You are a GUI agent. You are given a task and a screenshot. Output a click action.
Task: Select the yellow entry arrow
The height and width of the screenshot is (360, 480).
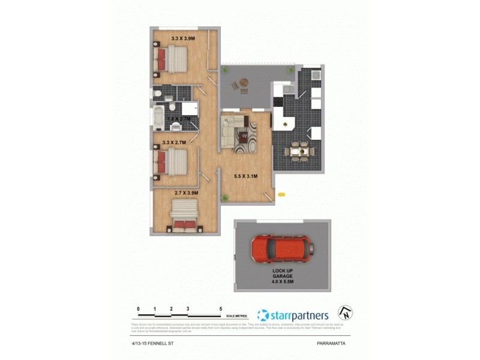tap(281, 194)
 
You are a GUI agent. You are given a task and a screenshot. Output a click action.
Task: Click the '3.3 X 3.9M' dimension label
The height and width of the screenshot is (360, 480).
tap(182, 38)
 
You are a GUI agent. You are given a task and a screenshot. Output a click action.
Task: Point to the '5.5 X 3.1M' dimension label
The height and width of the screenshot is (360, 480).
tap(246, 176)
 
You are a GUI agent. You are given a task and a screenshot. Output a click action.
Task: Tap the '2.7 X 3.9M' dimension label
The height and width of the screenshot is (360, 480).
tap(186, 193)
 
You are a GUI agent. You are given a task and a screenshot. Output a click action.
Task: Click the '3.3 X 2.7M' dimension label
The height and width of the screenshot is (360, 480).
tap(174, 143)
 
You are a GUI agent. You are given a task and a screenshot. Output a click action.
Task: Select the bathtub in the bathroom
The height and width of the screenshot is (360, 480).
tap(158, 119)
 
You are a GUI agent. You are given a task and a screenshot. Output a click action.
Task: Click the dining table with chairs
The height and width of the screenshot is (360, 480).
tap(299, 152)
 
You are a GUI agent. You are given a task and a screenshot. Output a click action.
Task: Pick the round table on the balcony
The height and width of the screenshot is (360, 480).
tap(243, 83)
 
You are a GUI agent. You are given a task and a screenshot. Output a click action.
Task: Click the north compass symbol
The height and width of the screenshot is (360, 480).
tap(345, 313)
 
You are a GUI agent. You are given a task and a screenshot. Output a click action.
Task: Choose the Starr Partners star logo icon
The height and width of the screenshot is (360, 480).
tap(262, 315)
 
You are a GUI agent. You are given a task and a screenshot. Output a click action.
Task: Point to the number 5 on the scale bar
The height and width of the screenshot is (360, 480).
tap(221, 308)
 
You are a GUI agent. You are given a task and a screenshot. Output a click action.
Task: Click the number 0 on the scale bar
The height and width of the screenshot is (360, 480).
tap(139, 308)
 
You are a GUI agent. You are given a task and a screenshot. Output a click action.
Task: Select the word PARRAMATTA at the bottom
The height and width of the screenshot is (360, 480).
tap(332, 344)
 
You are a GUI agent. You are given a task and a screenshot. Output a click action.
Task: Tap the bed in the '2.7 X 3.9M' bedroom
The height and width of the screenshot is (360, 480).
tap(185, 215)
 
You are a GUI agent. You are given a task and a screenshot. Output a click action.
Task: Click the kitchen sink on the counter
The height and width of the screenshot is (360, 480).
tap(287, 89)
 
